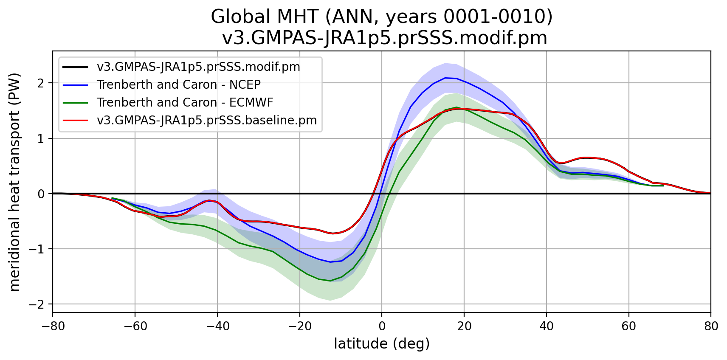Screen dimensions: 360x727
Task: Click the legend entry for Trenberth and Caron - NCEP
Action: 178,85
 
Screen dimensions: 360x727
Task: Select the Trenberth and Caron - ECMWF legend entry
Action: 185,103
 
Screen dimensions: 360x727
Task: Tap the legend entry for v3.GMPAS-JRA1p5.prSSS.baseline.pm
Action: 207,121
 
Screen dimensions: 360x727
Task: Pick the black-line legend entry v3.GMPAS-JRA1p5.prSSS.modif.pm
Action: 198,67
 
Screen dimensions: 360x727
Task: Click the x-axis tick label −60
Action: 135,326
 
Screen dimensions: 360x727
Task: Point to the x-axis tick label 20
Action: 464,326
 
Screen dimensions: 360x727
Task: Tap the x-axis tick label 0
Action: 382,326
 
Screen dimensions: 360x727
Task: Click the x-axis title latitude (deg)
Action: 382,344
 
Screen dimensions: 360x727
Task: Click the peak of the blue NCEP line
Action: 445,78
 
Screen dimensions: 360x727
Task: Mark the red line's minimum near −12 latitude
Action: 333,233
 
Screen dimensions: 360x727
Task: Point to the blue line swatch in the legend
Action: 75,85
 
